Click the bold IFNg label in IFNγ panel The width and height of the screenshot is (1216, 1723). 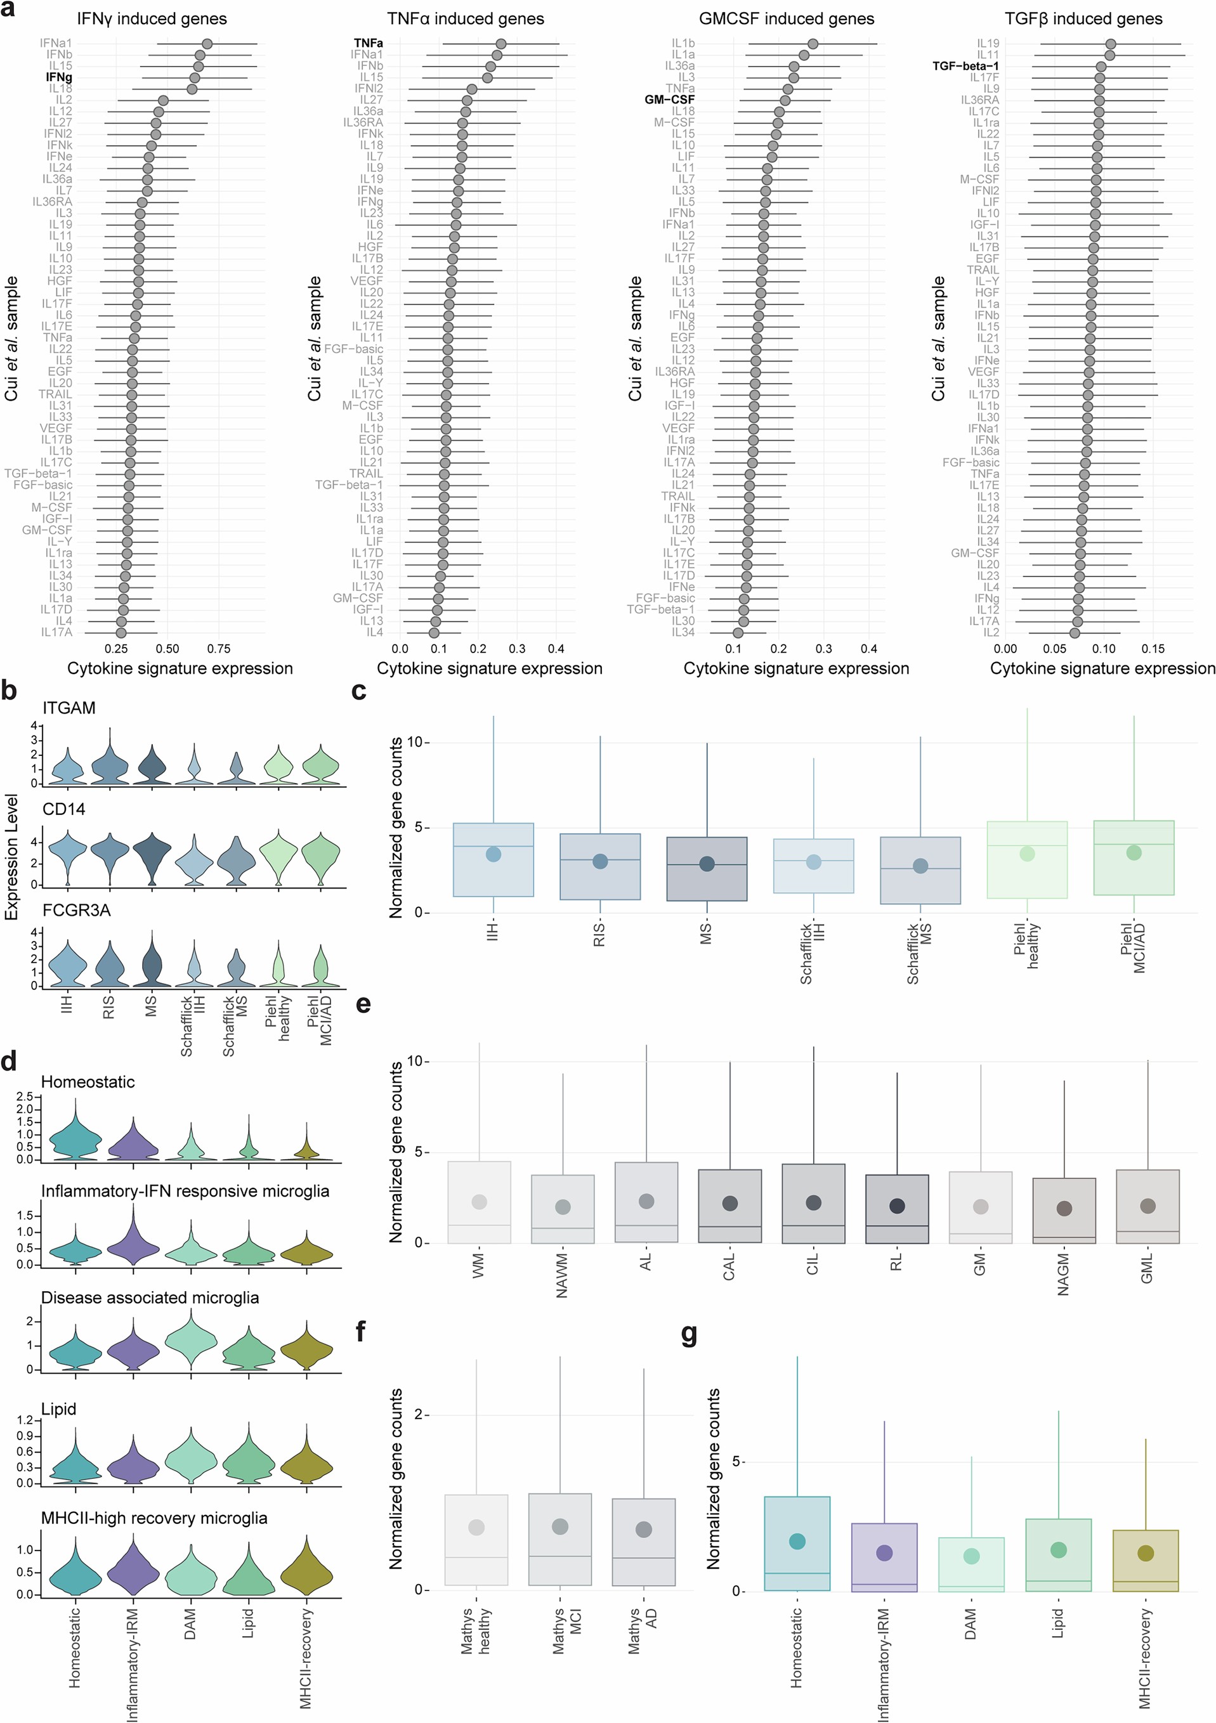[58, 77]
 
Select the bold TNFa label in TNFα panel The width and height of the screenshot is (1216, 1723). [368, 44]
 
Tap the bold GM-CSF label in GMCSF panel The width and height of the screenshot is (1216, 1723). [670, 100]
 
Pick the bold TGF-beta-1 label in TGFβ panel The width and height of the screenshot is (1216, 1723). [965, 66]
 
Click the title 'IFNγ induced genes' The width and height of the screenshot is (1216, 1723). [152, 19]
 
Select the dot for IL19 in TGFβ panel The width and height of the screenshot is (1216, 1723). [1110, 44]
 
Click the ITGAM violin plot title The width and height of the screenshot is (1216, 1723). [69, 708]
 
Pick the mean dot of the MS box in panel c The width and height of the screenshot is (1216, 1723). [707, 864]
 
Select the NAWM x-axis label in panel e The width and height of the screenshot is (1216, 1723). [562, 1276]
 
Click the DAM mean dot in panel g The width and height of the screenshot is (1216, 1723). [971, 1556]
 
